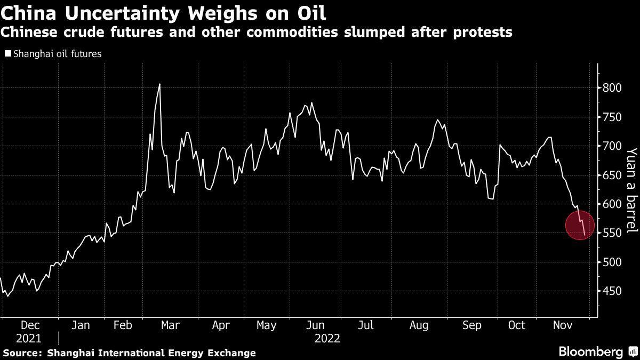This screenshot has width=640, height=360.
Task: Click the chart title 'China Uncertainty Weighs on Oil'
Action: [164, 12]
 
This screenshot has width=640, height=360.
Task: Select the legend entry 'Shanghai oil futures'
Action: [57, 54]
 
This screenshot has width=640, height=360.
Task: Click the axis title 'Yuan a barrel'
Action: [631, 190]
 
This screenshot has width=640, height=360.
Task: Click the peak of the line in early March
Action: [159, 84]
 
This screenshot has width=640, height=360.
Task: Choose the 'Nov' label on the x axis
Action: [563, 325]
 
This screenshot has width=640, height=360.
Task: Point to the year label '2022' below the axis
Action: [327, 338]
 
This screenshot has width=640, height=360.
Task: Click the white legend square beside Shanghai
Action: [7, 54]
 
